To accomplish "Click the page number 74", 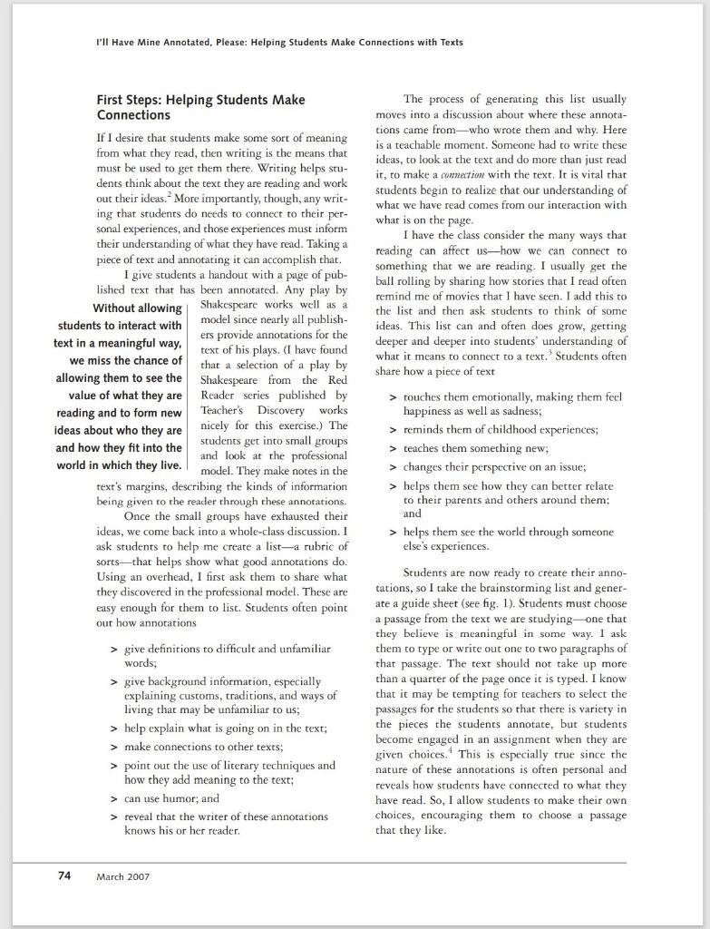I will coord(63,875).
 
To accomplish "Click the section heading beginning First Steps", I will coord(200,107).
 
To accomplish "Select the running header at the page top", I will coord(279,42).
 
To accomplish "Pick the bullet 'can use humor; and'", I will coord(171,798).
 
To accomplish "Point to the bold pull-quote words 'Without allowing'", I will coord(137,309).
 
